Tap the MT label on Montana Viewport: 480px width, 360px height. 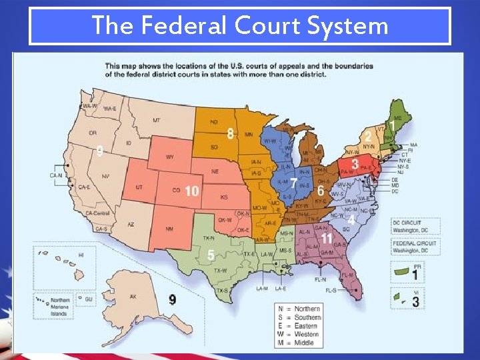(156, 120)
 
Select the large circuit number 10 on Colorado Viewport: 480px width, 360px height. (192, 191)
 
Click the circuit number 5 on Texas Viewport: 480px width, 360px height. (211, 255)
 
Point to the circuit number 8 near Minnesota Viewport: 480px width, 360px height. (231, 133)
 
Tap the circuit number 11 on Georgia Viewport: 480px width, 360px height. (327, 237)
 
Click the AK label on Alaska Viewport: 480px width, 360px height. (133, 296)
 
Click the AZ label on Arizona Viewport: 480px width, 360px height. (131, 224)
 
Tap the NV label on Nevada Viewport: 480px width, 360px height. (105, 176)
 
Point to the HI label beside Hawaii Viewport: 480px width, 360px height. (81, 255)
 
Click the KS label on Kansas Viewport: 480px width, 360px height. (224, 197)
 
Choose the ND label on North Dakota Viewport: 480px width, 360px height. (214, 122)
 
